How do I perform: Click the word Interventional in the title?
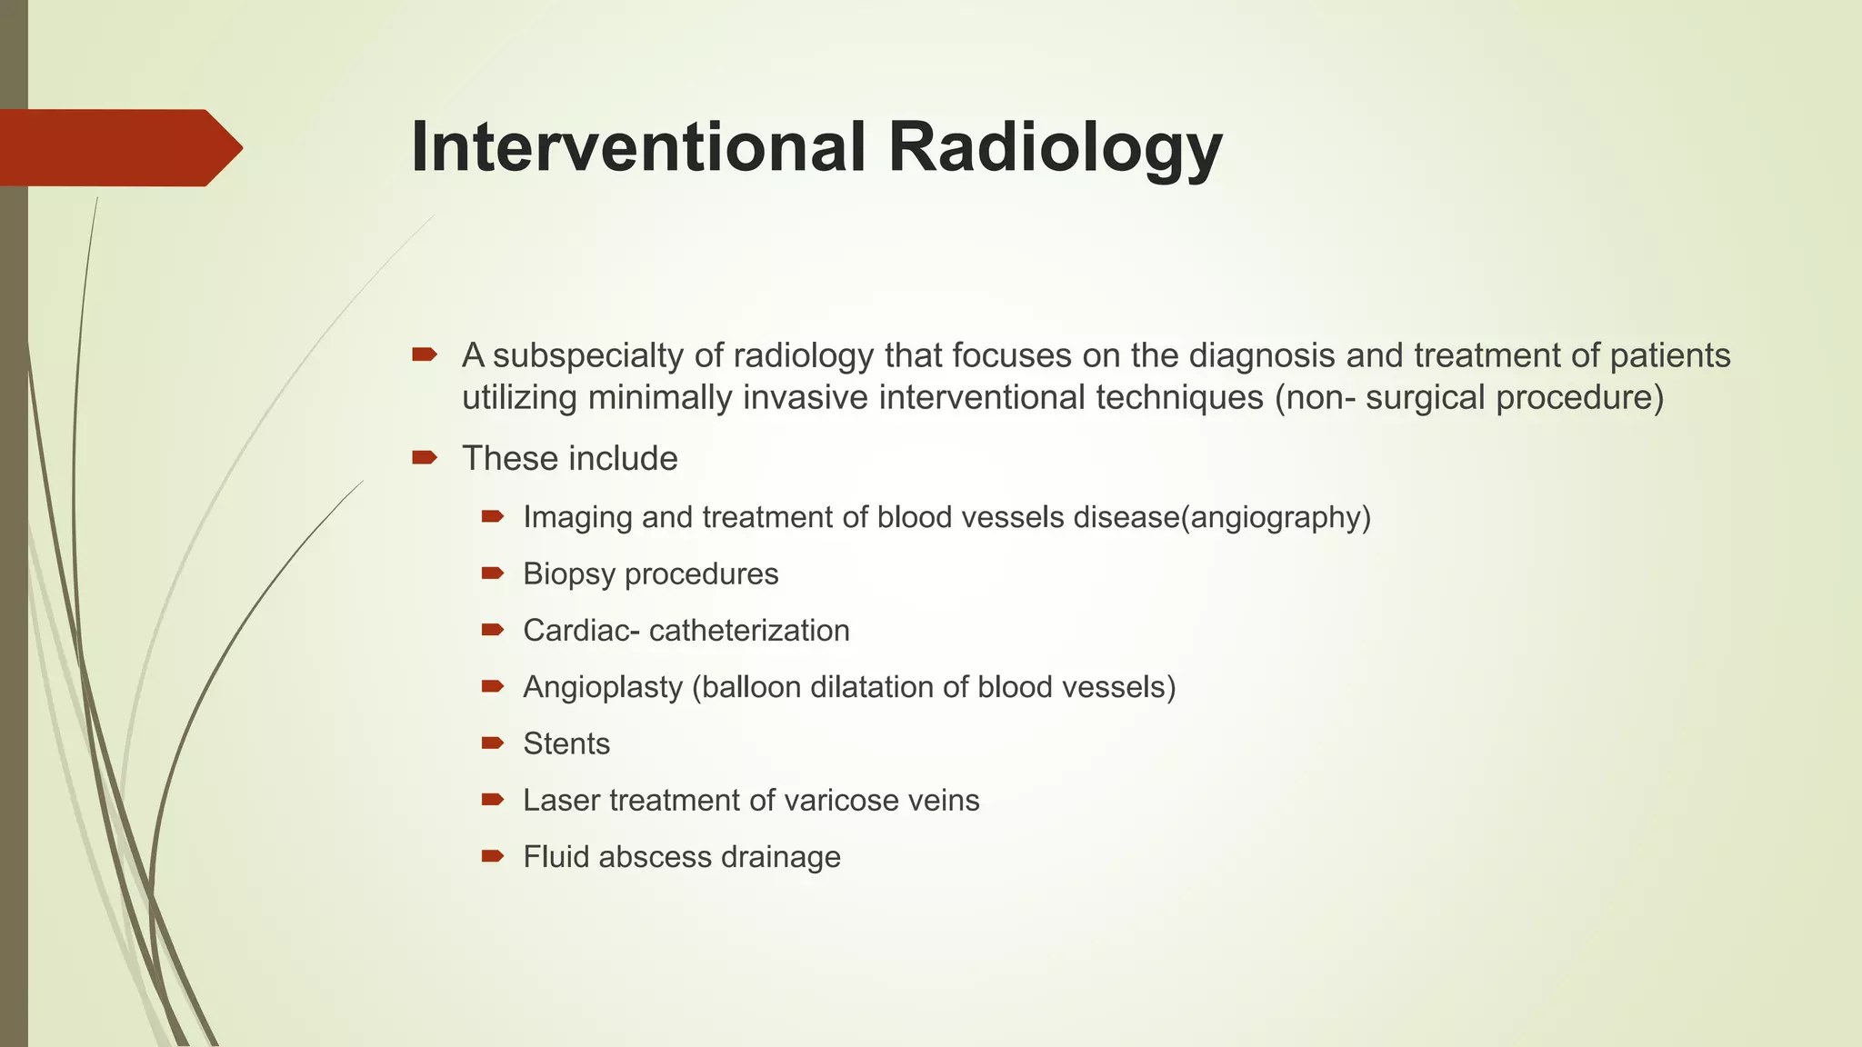(636, 147)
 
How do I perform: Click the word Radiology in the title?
(1055, 147)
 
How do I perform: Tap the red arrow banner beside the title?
(118, 147)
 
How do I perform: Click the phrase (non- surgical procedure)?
(1469, 398)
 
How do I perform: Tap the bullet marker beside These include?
(425, 458)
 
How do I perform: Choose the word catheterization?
(749, 631)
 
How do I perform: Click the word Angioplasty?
(603, 687)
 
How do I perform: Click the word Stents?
(566, 744)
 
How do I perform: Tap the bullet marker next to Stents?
(492, 743)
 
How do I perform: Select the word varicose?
(837, 801)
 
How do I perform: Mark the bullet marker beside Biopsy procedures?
(492, 573)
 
